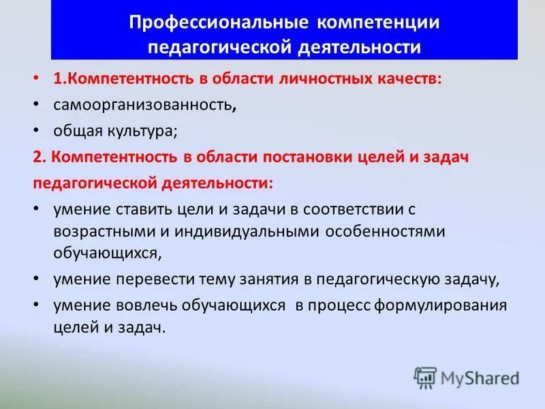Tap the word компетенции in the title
(377, 23)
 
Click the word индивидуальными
(241, 230)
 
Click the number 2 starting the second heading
(37, 157)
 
